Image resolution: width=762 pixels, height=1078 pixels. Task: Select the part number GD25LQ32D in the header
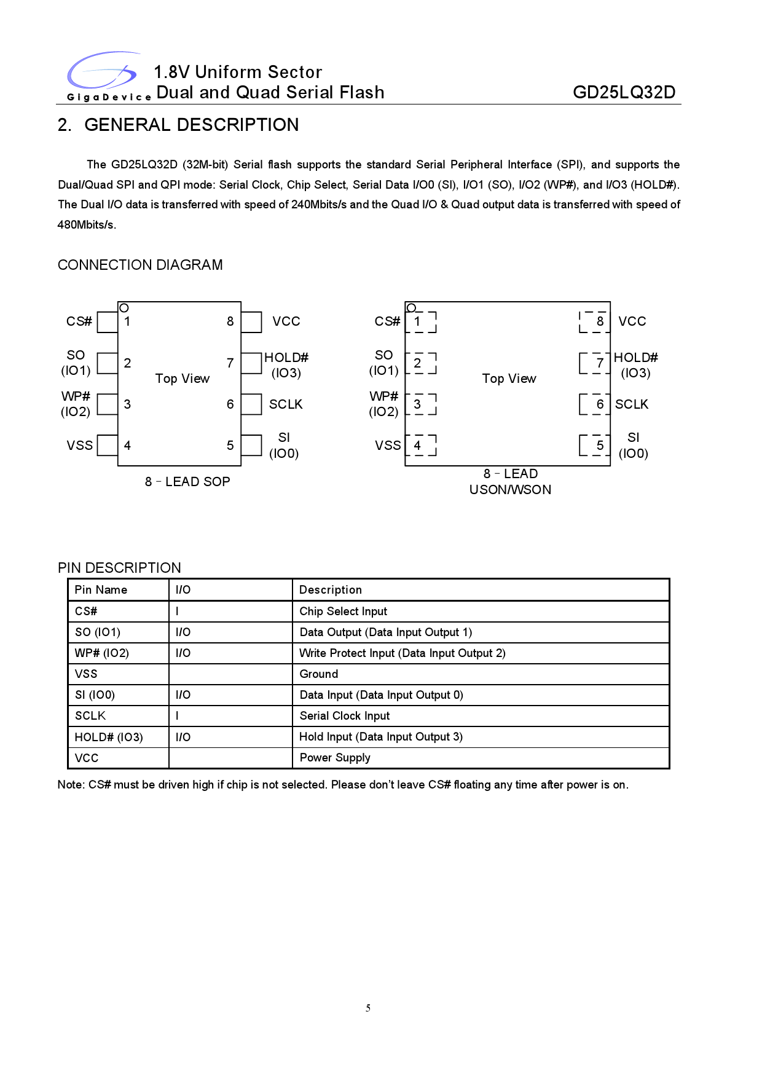click(624, 93)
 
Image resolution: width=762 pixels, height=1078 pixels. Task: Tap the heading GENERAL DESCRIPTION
click(191, 125)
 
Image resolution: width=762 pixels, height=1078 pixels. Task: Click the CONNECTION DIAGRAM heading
click(140, 265)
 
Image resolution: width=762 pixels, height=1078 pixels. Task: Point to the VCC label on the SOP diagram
click(286, 321)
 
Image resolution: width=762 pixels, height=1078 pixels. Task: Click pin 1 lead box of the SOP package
click(108, 322)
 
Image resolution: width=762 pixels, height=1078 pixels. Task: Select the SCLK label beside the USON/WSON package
click(632, 404)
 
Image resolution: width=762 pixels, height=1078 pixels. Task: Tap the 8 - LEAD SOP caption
click(187, 482)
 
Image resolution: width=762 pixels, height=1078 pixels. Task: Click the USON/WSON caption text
click(510, 490)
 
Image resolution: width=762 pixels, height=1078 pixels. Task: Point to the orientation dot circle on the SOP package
click(124, 308)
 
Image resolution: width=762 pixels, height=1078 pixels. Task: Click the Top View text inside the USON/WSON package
click(509, 379)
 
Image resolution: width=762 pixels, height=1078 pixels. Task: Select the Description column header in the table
click(331, 590)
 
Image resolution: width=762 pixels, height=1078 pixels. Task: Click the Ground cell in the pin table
click(319, 674)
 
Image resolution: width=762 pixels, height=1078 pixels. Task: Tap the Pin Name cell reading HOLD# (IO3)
click(109, 737)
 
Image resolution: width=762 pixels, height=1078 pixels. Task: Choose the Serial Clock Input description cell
click(345, 716)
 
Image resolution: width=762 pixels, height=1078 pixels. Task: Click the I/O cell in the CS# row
click(178, 612)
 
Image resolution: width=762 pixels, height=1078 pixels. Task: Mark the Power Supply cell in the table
click(335, 758)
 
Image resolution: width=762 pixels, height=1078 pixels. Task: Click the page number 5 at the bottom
click(368, 1008)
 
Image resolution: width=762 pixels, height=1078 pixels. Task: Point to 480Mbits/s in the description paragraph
click(87, 225)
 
